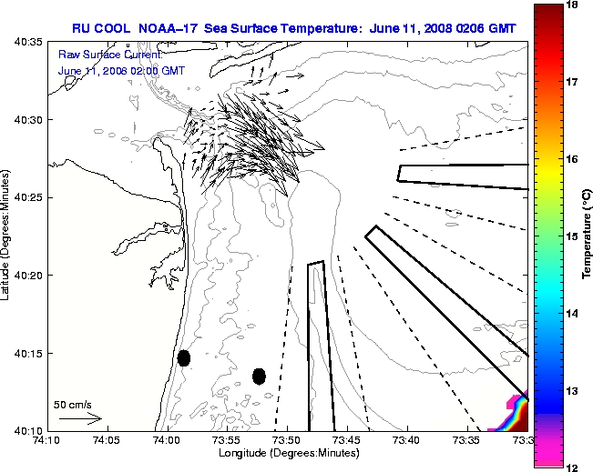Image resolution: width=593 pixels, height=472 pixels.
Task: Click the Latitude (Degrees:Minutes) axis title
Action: pos(8,236)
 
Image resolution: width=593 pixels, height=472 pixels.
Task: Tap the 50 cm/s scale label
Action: pos(73,405)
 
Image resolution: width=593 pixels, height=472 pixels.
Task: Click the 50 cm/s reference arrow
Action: pos(79,418)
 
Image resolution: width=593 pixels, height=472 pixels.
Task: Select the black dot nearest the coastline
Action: pos(184,357)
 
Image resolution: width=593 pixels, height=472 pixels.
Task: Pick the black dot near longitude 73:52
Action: pos(259,376)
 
